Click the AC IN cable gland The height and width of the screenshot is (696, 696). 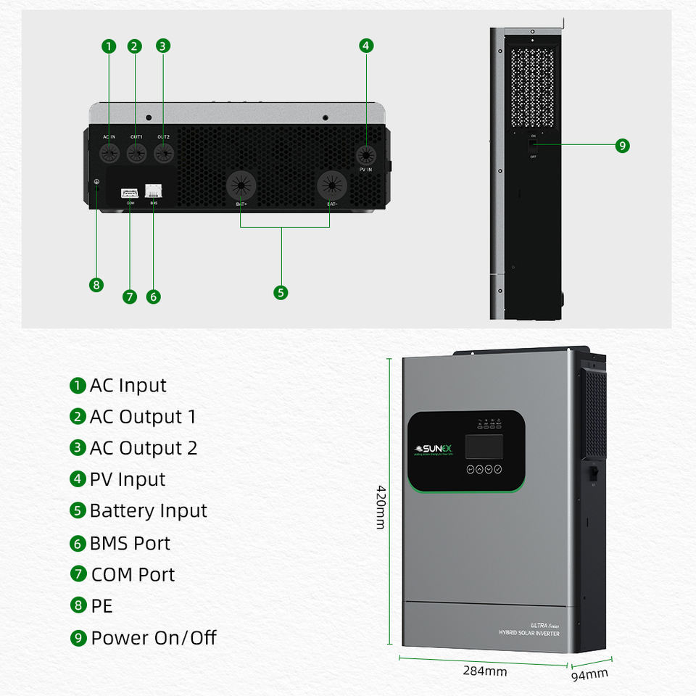pos(109,153)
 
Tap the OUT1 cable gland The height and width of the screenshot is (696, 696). pos(136,153)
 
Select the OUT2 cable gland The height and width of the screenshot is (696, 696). pos(164,153)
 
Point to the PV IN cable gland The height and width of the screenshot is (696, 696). pos(366,155)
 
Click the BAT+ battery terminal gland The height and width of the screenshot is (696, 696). pos(241,186)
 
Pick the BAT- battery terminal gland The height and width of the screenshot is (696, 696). pos(331,186)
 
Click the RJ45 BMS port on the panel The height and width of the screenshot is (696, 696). pos(154,191)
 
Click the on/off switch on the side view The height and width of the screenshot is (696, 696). pos(533,145)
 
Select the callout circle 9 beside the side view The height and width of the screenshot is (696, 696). pos(622,145)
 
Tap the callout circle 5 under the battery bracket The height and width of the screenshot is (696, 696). pos(281,292)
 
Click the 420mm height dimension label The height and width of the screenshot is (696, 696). pos(381,507)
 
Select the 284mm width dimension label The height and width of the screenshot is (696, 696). pos(485,671)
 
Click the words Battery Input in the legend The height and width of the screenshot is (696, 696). pos(148,510)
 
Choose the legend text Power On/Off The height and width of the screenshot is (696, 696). pos(154,638)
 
